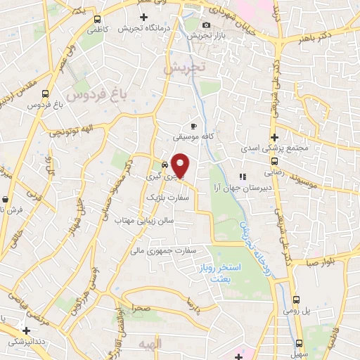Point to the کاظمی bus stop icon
[96, 19]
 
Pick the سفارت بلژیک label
[160, 199]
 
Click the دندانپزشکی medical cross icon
[26, 330]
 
